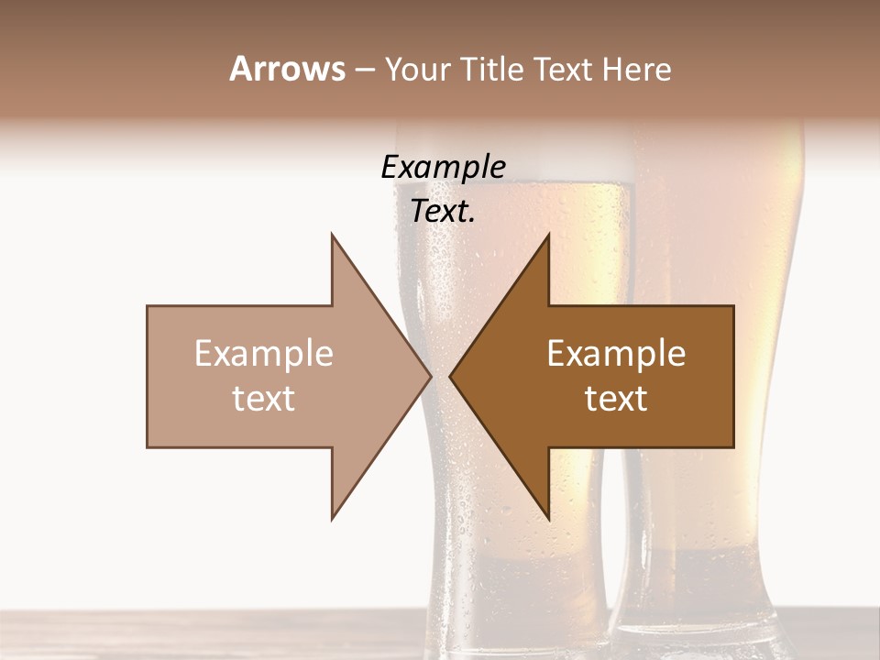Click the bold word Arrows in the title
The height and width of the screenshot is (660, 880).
click(287, 69)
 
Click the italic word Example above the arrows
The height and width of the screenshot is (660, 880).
click(443, 168)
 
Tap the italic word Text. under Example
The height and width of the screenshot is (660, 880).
click(443, 212)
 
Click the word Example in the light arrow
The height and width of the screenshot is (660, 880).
click(264, 354)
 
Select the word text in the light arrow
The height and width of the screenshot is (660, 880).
click(264, 398)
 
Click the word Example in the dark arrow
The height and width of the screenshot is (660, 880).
click(616, 354)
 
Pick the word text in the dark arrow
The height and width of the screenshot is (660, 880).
click(616, 398)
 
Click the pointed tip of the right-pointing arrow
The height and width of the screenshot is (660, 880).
click(431, 376)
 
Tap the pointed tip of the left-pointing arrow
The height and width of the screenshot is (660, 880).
click(450, 376)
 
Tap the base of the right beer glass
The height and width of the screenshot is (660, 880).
click(701, 632)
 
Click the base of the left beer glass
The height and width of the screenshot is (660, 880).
click(513, 632)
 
